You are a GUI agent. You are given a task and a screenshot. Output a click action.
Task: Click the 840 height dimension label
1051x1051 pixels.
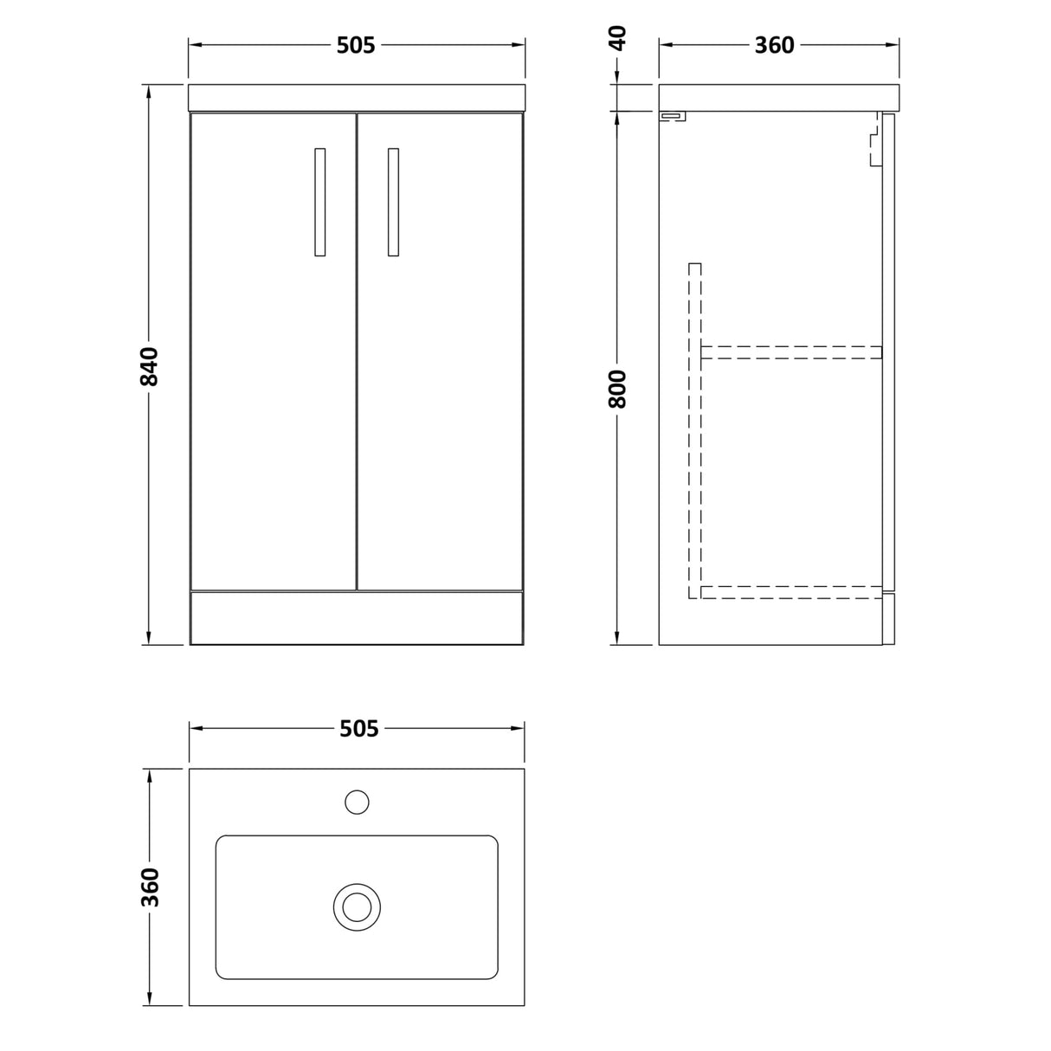tap(149, 366)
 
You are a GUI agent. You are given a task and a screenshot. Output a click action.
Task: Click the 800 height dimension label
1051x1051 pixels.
tap(617, 389)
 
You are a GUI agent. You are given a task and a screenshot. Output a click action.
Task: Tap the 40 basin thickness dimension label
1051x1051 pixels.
tap(617, 38)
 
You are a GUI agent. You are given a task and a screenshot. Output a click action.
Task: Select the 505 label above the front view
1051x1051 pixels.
tap(356, 46)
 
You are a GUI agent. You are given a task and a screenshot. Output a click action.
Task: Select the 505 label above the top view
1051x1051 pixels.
tap(359, 729)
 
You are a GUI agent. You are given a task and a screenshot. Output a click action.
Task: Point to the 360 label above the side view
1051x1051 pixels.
tap(775, 46)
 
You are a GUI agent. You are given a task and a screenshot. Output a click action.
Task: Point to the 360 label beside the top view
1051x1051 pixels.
tap(150, 887)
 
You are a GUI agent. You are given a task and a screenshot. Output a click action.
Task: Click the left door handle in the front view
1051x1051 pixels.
tap(320, 202)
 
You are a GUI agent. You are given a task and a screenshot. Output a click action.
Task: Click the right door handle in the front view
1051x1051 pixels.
tap(393, 202)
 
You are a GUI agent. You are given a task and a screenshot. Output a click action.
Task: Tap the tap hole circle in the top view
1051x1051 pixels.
tap(357, 803)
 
